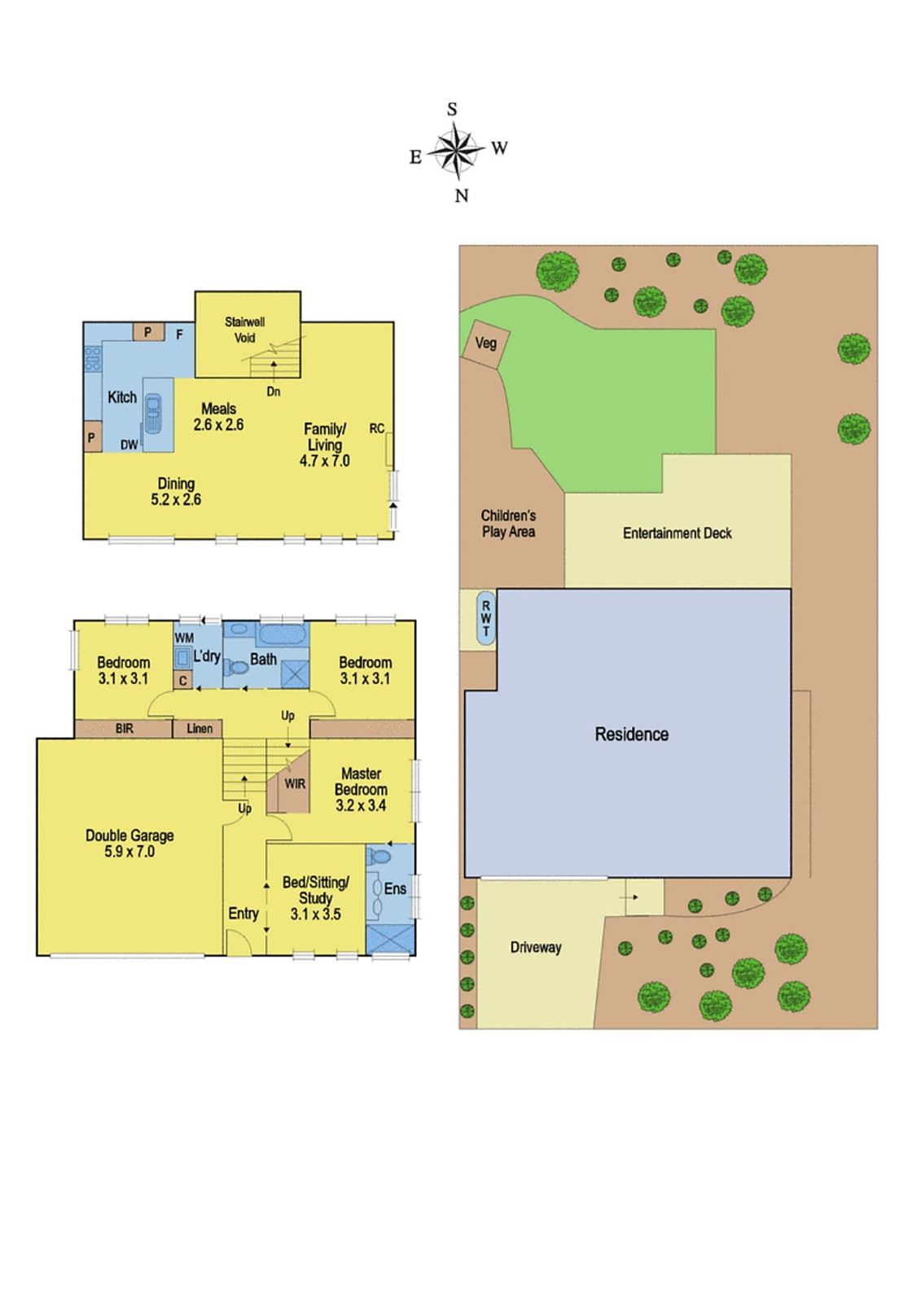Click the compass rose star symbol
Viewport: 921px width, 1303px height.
click(457, 151)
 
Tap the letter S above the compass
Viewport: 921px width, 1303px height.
click(452, 109)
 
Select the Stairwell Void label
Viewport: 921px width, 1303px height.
click(245, 330)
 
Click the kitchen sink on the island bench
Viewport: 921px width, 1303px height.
click(154, 414)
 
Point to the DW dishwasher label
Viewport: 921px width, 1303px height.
click(129, 445)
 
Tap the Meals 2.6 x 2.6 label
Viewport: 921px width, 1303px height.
click(219, 416)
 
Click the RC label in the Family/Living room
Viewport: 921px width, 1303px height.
click(376, 428)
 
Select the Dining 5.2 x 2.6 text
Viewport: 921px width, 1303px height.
click(176, 492)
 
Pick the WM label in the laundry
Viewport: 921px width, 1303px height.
click(184, 638)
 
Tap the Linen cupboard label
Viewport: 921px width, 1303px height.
click(200, 728)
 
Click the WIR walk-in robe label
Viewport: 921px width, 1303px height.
click(295, 784)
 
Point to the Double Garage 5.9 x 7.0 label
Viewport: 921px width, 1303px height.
click(129, 844)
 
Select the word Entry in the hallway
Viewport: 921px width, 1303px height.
click(243, 914)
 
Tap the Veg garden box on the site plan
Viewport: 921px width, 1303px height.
click(486, 344)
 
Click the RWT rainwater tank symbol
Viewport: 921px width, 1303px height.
click(486, 618)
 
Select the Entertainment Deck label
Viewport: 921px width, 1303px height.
click(678, 533)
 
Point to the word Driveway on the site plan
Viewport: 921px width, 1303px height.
click(536, 948)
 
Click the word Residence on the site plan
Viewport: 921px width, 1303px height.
click(632, 734)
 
